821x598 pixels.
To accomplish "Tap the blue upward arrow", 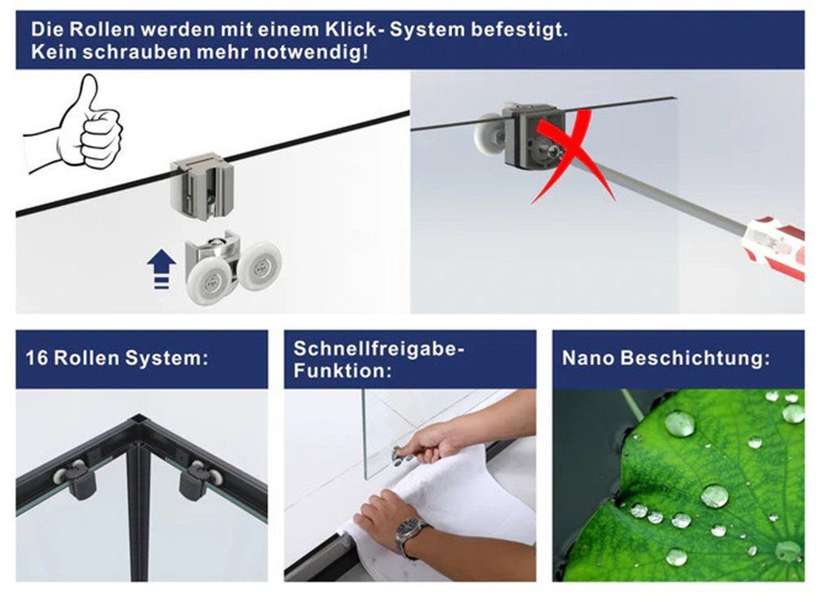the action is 161,269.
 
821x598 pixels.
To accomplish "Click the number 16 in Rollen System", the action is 37,358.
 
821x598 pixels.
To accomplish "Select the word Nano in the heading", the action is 588,358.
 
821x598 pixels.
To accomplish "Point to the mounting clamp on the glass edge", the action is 202,186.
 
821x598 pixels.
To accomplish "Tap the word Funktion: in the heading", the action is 342,372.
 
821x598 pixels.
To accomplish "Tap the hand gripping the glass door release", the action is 430,441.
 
